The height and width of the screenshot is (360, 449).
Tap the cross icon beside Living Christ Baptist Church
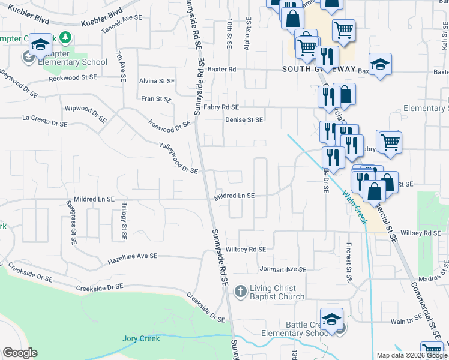240,292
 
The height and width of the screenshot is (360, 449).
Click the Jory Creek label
141,338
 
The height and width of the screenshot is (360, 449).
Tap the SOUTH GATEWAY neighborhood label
319,69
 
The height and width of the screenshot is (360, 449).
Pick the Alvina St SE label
156,80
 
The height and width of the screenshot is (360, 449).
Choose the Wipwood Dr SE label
85,113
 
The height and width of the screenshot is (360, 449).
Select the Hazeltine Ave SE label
132,258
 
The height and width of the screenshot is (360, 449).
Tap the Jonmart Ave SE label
282,269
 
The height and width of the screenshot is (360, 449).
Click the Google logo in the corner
20,353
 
